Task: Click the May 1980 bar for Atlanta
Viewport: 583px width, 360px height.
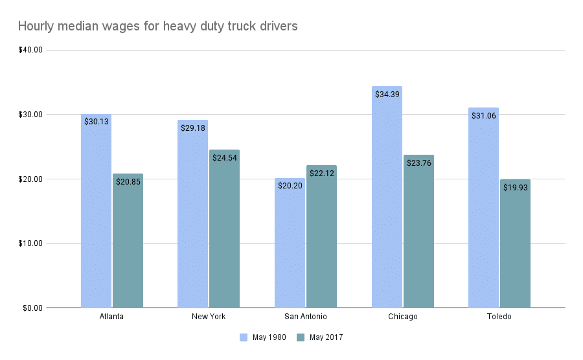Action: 96,214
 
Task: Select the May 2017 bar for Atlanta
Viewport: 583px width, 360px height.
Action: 128,243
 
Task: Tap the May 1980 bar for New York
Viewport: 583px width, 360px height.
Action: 192,217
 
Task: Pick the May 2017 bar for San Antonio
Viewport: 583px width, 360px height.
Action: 321,240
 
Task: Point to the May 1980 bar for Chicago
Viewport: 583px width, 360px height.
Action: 387,201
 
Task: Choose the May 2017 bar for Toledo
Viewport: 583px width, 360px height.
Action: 515,246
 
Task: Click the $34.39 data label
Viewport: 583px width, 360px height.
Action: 387,94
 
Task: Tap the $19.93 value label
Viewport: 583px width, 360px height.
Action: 515,187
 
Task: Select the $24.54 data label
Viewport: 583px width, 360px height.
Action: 224,157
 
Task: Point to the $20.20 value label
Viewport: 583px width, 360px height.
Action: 290,186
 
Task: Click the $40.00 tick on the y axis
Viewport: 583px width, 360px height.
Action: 30,50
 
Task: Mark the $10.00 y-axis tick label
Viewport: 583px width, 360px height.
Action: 30,243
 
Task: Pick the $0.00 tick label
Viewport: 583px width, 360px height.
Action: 32,308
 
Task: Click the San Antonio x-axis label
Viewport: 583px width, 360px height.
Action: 306,317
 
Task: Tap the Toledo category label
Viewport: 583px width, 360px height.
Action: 499,317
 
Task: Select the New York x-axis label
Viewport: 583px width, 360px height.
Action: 209,317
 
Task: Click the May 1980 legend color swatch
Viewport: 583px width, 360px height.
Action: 244,337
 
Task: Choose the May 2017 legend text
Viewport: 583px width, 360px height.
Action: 326,337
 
